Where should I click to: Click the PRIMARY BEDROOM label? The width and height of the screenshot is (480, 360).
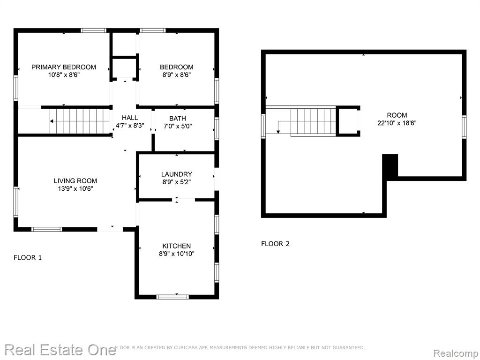pos(64,67)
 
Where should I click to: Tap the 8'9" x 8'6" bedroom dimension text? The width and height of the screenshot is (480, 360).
pos(177,75)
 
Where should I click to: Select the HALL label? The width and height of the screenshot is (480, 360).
pos(130,118)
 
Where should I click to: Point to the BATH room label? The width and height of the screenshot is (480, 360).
pos(178,118)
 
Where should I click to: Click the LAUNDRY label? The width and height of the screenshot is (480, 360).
pos(177,174)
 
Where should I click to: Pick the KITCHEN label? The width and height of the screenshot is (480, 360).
pos(177,246)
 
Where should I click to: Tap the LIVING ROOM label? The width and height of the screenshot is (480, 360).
pos(75,181)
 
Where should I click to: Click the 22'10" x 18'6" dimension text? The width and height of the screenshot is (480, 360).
pos(397,123)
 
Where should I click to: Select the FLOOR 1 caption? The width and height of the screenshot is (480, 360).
pos(28,258)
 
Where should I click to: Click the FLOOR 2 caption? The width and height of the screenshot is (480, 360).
pos(275,244)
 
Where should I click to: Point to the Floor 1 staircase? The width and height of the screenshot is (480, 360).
pos(80,121)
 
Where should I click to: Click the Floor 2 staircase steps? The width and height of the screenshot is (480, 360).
pos(313,121)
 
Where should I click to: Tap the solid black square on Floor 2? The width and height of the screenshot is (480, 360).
pos(390,167)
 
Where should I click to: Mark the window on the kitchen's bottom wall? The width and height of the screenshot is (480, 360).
pos(172,297)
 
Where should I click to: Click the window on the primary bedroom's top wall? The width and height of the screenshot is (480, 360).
pos(94,30)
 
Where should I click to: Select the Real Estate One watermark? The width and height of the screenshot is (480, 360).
pos(60,350)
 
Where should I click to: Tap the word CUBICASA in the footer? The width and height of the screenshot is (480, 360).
pos(186,347)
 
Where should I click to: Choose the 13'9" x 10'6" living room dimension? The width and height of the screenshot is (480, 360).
pos(75,189)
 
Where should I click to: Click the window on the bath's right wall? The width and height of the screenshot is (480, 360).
pos(217,129)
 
